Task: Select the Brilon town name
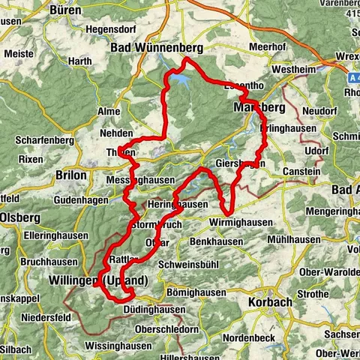click(71, 175)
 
